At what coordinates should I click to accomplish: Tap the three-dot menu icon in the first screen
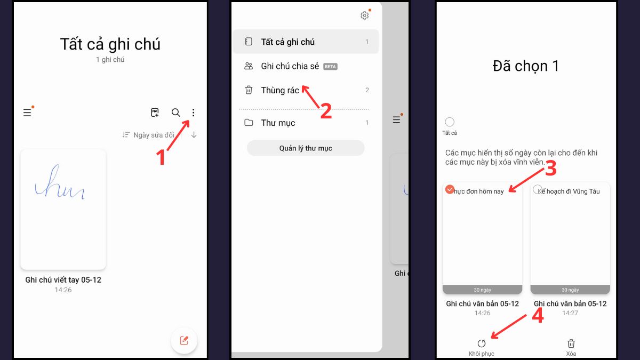[193, 113]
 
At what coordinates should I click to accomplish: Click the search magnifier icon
[175, 113]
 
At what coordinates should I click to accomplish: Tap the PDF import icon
[155, 113]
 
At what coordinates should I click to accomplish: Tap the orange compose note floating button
[184, 340]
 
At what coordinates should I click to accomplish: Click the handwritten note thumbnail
[63, 209]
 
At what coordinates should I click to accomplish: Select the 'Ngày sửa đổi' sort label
[154, 135]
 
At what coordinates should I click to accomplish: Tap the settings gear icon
[365, 15]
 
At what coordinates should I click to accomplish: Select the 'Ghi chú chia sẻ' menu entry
[290, 66]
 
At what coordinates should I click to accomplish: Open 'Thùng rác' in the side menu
[280, 90]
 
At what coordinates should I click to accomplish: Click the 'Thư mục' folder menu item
[278, 123]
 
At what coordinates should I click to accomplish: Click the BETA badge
[331, 67]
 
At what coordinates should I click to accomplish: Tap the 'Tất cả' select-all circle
[450, 122]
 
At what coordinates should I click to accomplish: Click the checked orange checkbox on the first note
[450, 189]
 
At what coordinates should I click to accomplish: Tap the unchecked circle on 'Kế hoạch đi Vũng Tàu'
[538, 189]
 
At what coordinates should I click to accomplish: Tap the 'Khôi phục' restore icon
[482, 343]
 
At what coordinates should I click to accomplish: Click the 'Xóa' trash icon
[571, 343]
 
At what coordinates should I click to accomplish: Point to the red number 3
[550, 169]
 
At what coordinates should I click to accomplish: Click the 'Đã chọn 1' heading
[525, 66]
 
